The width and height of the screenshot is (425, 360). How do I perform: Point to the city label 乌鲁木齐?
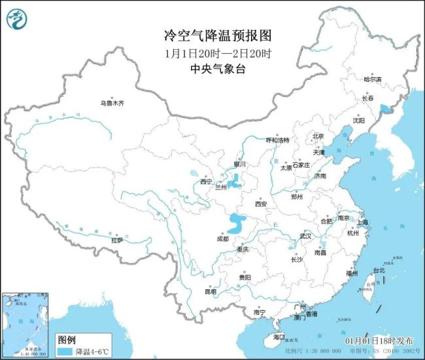click(112, 103)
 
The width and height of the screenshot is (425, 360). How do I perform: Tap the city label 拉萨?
click(116, 240)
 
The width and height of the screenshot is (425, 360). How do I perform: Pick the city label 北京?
click(318, 136)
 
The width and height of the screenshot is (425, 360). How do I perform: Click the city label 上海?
click(362, 223)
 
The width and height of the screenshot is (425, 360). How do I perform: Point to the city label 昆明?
click(211, 291)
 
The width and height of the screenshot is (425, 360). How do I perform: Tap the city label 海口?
click(279, 336)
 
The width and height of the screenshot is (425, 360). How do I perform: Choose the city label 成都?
click(222, 239)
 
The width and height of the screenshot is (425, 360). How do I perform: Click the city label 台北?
click(379, 270)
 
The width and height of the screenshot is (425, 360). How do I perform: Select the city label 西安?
click(261, 204)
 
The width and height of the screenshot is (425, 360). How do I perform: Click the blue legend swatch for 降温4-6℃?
click(64, 351)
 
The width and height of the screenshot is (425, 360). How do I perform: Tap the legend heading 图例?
click(67, 340)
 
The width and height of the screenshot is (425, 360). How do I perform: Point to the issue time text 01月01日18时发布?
click(379, 341)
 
